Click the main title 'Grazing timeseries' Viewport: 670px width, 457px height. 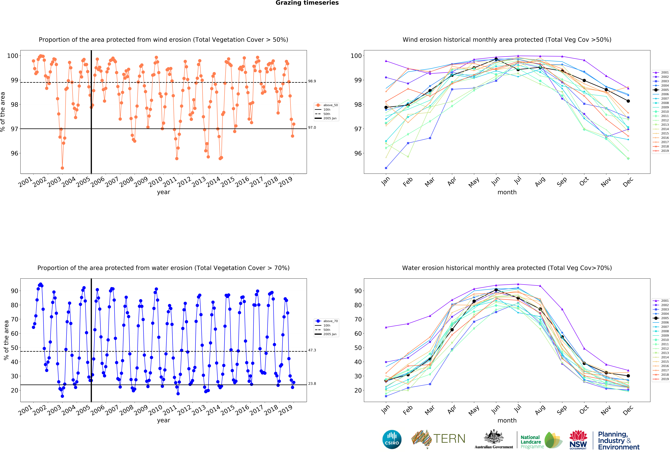pyautogui.click(x=307, y=3)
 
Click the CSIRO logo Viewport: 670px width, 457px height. pyautogui.click(x=392, y=439)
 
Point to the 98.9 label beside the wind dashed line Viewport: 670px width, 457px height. pyautogui.click(x=312, y=81)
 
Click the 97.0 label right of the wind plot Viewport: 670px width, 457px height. pyautogui.click(x=312, y=128)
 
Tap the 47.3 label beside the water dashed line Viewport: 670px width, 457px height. pyautogui.click(x=312, y=350)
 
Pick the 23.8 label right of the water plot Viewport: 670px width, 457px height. pyautogui.click(x=312, y=383)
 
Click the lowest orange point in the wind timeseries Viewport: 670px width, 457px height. pyautogui.click(x=62, y=168)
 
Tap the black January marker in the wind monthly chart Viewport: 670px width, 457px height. pyautogui.click(x=386, y=107)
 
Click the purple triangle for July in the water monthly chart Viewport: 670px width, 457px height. pyautogui.click(x=518, y=284)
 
